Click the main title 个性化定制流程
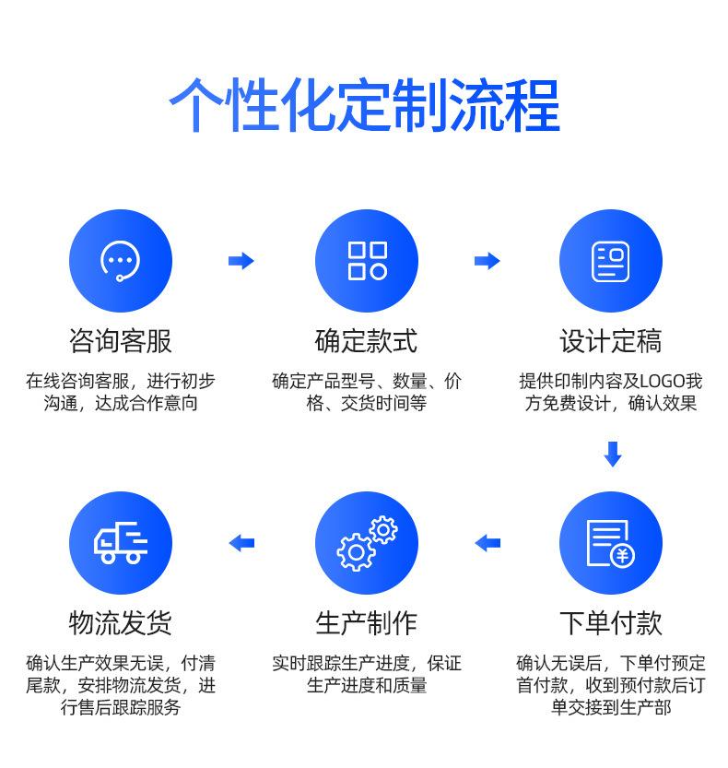pos(364,107)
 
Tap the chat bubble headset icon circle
pos(121,260)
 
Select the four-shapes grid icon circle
pos(367,260)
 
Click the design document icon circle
pos(611,260)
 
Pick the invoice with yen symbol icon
pos(611,542)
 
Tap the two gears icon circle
pos(367,542)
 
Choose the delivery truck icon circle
pos(121,542)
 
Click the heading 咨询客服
pos(121,342)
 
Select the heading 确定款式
pos(367,342)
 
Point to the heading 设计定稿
pos(611,342)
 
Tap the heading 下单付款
pos(611,623)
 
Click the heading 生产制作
pos(367,623)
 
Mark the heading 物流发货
pos(121,623)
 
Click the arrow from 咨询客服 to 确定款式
pos(241,261)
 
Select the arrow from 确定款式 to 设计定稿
pos(487,261)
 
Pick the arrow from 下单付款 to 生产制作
pos(487,543)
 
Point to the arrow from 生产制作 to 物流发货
pos(241,543)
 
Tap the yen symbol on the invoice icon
pos(624,555)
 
